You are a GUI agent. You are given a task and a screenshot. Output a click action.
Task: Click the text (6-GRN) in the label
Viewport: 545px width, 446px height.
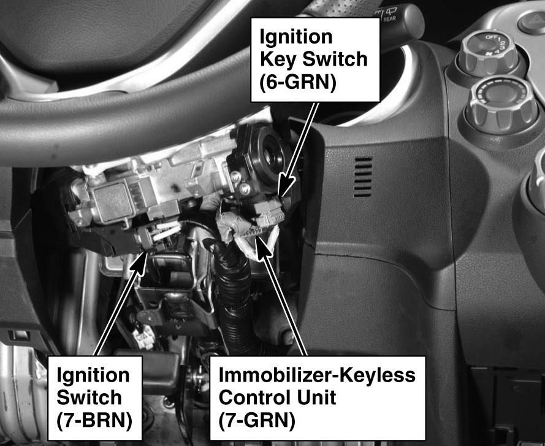tap(298, 83)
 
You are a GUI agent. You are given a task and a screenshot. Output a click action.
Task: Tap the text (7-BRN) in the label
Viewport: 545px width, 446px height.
tap(94, 421)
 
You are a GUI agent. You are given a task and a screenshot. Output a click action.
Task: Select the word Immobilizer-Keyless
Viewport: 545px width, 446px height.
tap(317, 375)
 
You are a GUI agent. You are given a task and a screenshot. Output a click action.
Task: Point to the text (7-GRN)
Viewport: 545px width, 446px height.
tap(257, 421)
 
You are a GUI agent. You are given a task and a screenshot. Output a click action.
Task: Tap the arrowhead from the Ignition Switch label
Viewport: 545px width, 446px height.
tap(139, 263)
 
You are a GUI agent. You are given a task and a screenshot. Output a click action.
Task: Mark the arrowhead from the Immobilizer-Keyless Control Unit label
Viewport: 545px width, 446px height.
tap(262, 247)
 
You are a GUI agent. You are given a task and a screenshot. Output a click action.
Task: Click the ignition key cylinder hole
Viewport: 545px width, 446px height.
tap(270, 154)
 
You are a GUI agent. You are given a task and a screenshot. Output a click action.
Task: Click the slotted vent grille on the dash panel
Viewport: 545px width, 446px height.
tap(363, 177)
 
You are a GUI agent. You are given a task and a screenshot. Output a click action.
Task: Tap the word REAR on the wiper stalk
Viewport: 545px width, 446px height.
tap(389, 19)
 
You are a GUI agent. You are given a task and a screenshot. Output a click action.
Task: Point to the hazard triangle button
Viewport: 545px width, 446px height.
tap(532, 21)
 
